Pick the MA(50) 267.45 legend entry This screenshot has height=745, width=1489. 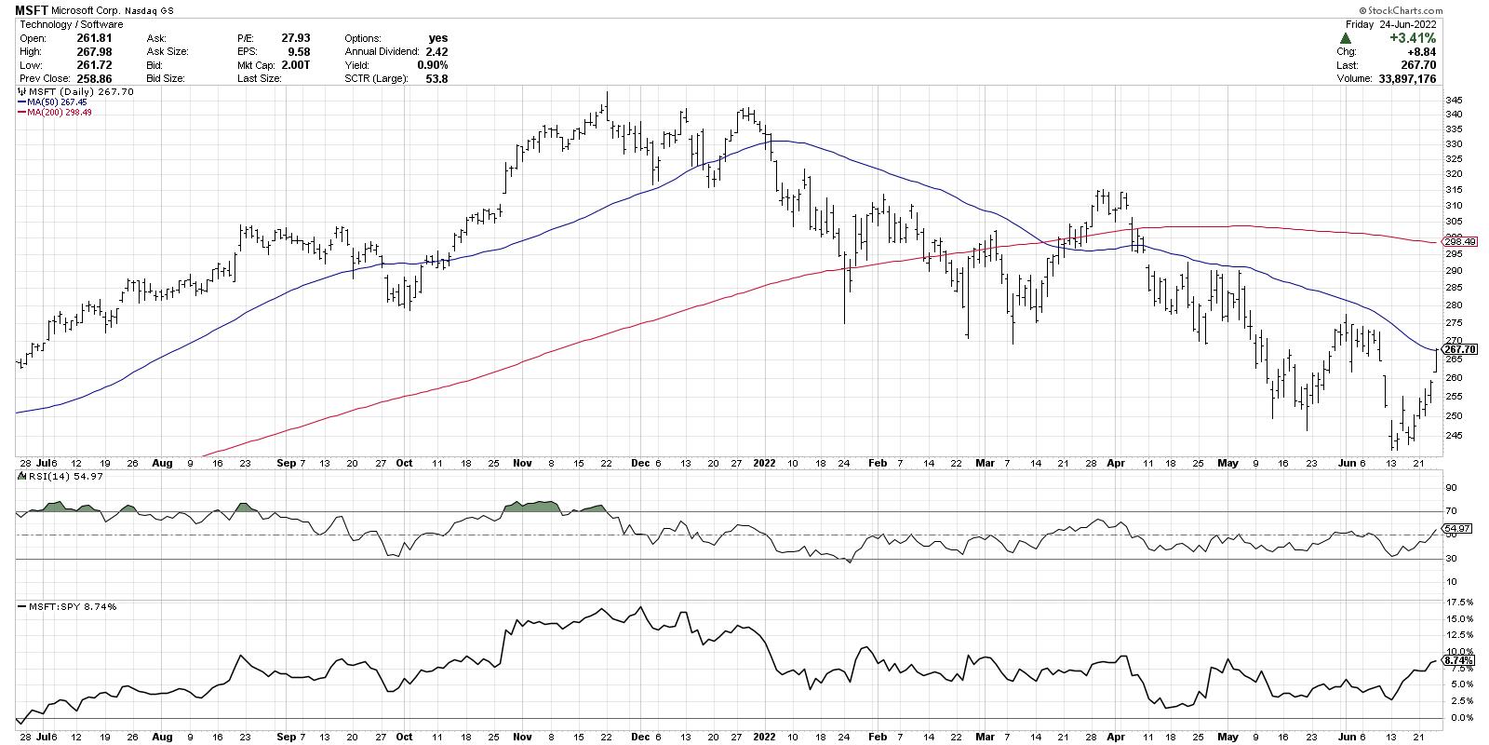point(56,102)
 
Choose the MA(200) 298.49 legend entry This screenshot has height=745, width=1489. point(59,112)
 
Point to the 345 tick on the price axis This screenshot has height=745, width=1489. point(1453,100)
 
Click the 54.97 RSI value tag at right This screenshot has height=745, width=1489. point(1456,529)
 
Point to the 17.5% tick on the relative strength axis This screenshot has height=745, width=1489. point(1457,603)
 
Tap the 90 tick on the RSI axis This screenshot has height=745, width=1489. point(1449,487)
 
